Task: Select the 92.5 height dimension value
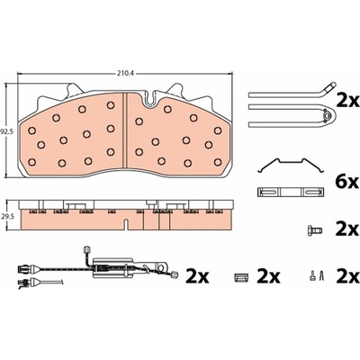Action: pyautogui.click(x=5, y=131)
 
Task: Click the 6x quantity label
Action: pyautogui.click(x=347, y=182)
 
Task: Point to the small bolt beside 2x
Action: pyautogui.click(x=315, y=230)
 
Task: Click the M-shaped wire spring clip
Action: pyautogui.click(x=292, y=166)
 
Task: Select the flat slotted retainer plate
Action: pyautogui.click(x=291, y=192)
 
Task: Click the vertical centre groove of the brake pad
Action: pyautogui.click(x=125, y=129)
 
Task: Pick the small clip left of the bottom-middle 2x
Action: pyautogui.click(x=241, y=278)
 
